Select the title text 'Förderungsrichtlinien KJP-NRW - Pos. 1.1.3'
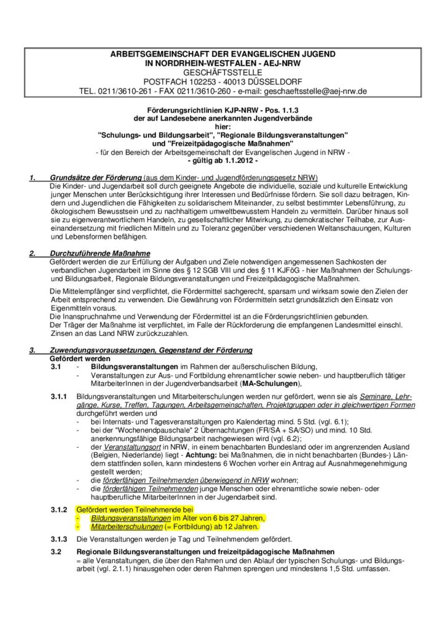[222, 107]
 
